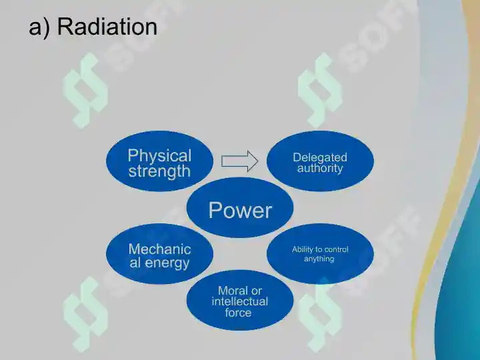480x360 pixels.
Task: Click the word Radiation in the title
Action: [107, 26]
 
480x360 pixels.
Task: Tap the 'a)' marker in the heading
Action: [39, 27]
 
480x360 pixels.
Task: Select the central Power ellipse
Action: [240, 207]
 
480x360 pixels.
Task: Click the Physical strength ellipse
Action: [159, 161]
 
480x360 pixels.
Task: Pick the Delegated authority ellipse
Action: [320, 161]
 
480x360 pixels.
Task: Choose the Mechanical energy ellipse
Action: [159, 254]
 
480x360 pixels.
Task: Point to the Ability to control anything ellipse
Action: [320, 254]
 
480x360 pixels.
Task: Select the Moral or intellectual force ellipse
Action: [240, 300]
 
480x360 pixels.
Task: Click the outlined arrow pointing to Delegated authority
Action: [240, 161]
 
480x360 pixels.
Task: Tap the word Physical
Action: [159, 155]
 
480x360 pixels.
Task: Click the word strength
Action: [159, 171]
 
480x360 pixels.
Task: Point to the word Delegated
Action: [320, 157]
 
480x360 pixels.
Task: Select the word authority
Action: [320, 169]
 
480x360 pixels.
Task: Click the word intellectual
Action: [240, 301]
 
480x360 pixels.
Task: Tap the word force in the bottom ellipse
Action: [238, 313]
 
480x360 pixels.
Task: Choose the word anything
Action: [319, 259]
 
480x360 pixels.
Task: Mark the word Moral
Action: [230, 291]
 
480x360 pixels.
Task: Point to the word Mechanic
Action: [160, 249]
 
